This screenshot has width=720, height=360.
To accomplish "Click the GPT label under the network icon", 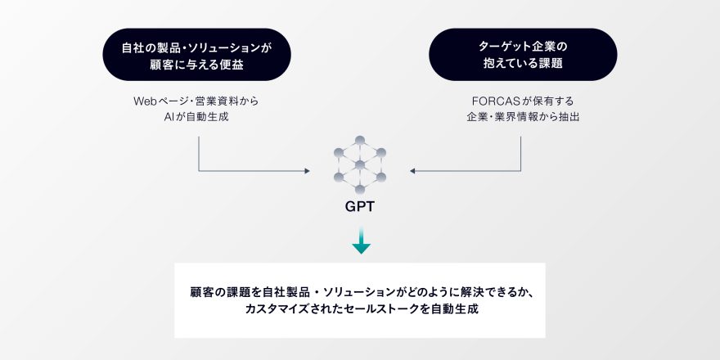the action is coord(359,207).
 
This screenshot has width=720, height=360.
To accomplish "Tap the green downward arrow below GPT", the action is coord(361,241).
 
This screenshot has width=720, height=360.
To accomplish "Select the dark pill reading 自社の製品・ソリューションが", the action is coord(196,55).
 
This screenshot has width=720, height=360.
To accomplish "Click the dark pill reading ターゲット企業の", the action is coord(523,55).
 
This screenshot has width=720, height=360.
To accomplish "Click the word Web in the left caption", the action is coord(142,101).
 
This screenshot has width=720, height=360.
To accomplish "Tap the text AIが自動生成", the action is coord(196,117).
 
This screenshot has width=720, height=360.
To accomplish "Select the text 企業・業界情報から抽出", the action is coord(523,117).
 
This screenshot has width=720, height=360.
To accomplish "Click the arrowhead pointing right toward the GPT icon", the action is coord(307,171).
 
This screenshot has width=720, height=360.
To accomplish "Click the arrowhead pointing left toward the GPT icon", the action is coord(412,171).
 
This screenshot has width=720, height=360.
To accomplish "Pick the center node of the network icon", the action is coord(360,164).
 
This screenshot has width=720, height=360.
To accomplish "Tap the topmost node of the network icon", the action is coord(360,140).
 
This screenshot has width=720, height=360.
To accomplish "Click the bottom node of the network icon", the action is coord(360,189).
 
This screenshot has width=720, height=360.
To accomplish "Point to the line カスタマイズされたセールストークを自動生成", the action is coord(362,309).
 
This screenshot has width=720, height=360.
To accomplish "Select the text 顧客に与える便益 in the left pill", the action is coord(196,65).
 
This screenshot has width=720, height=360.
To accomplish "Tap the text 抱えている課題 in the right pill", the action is coord(523,65).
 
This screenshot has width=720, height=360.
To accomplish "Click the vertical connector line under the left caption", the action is coord(198,153).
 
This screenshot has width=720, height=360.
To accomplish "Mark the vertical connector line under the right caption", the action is coord(520,153).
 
